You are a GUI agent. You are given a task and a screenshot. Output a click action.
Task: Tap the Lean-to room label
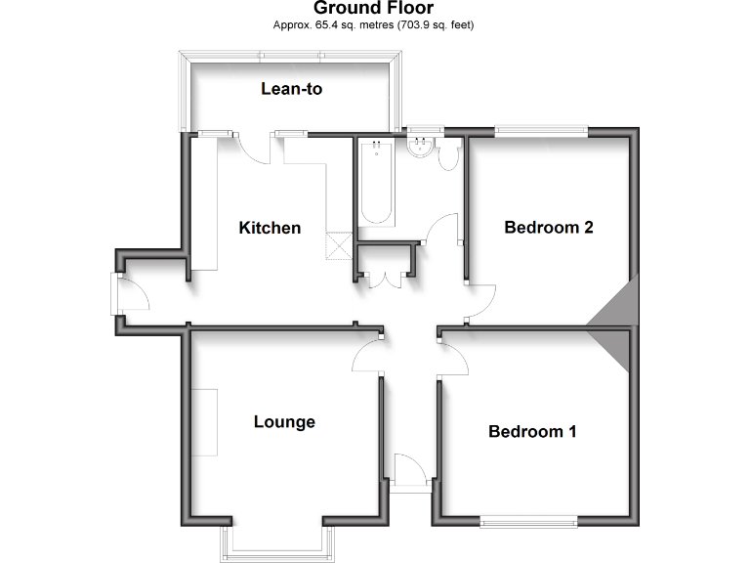291,89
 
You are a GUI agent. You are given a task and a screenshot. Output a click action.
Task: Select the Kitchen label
270,228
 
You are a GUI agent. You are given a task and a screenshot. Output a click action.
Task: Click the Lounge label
284,422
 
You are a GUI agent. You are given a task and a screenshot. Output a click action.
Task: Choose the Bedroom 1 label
531,431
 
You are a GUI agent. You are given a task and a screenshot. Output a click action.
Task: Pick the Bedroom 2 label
549,228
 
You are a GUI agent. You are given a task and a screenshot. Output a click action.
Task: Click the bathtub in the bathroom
376,183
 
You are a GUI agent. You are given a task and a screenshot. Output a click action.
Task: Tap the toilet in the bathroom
450,155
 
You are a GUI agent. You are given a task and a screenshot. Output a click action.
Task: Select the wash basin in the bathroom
421,148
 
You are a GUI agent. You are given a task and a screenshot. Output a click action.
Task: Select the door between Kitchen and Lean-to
255,148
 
